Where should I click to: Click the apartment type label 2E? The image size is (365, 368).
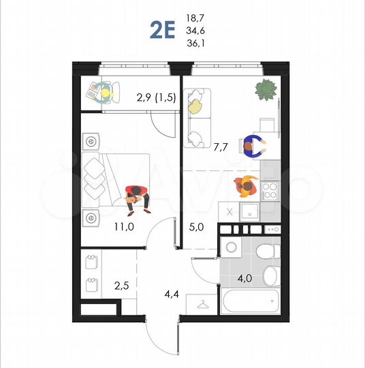pos(163,31)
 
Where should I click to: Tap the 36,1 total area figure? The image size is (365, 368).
pos(196,43)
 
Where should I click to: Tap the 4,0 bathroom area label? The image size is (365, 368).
pos(244,278)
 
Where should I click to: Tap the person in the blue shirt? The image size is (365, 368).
pos(253,145)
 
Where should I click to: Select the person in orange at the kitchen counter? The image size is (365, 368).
pos(244,185)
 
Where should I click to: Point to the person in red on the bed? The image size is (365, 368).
pos(137,195)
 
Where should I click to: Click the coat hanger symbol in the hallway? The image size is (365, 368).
pos(202,304)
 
